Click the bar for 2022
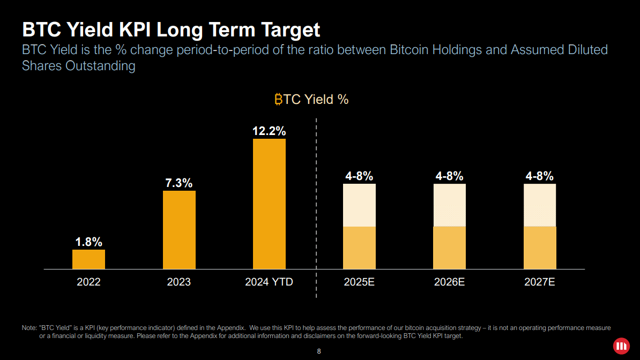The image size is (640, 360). (88, 259)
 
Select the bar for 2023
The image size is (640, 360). (179, 230)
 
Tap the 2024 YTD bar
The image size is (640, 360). (269, 204)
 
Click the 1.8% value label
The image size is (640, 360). (88, 242)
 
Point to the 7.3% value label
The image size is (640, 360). (179, 183)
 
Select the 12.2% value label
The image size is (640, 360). (269, 131)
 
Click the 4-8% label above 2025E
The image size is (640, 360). (359, 176)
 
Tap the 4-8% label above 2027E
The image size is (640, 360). (540, 176)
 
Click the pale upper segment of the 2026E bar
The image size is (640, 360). (449, 205)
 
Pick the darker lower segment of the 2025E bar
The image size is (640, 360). (359, 247)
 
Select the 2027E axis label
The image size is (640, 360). (540, 282)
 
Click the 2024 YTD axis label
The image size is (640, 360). (269, 282)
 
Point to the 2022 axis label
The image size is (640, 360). (88, 282)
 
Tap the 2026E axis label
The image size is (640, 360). (449, 282)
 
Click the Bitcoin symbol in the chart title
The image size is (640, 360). (278, 99)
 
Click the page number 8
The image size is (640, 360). (319, 351)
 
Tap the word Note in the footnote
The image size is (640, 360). (29, 327)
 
